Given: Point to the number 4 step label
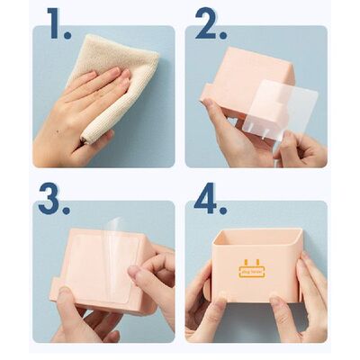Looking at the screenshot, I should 206,201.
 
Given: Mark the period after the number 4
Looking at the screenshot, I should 223,212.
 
